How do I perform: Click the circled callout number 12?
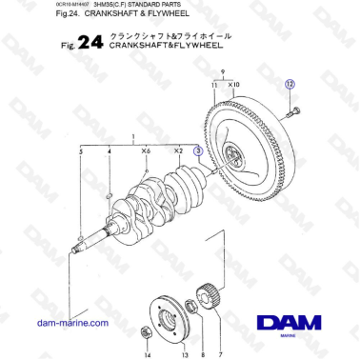[290, 85]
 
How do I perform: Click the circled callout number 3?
[198, 150]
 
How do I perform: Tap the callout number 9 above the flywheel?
[223, 72]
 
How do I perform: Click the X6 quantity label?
[146, 151]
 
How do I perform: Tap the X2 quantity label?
[178, 151]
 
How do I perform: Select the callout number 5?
[82, 151]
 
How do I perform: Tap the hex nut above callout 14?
[145, 332]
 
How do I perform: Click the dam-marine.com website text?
[71, 323]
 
